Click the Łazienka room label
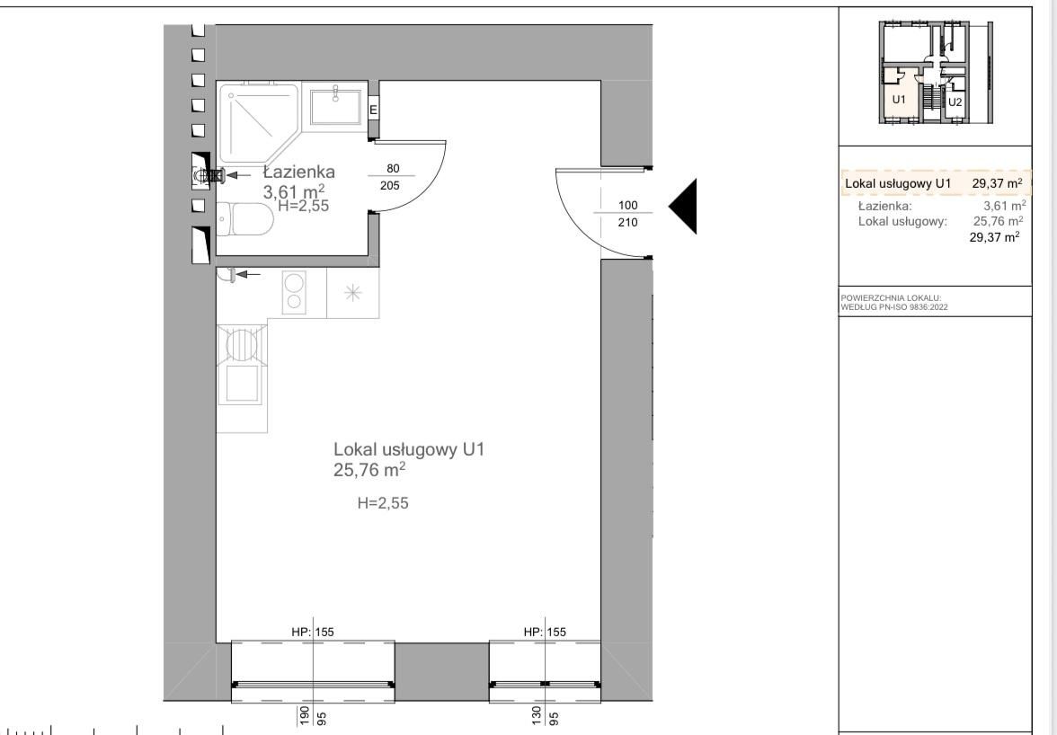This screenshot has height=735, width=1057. [298, 172]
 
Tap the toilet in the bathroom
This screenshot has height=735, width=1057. [245, 219]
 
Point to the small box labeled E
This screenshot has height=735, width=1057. [374, 109]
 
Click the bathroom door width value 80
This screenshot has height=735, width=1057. [392, 168]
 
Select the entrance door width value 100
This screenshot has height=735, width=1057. [627, 206]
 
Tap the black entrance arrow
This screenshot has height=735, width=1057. [682, 206]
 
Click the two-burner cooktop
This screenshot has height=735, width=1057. [294, 292]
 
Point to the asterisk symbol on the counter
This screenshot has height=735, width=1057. [352, 293]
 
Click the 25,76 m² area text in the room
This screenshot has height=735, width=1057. [369, 470]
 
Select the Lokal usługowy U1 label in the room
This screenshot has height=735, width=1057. [409, 449]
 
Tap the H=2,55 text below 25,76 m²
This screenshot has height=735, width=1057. [383, 503]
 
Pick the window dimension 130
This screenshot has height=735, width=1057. [537, 714]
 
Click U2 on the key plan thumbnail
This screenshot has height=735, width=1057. [955, 102]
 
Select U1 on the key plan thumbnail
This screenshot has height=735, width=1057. [899, 100]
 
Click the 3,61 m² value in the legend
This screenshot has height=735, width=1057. [1005, 206]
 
